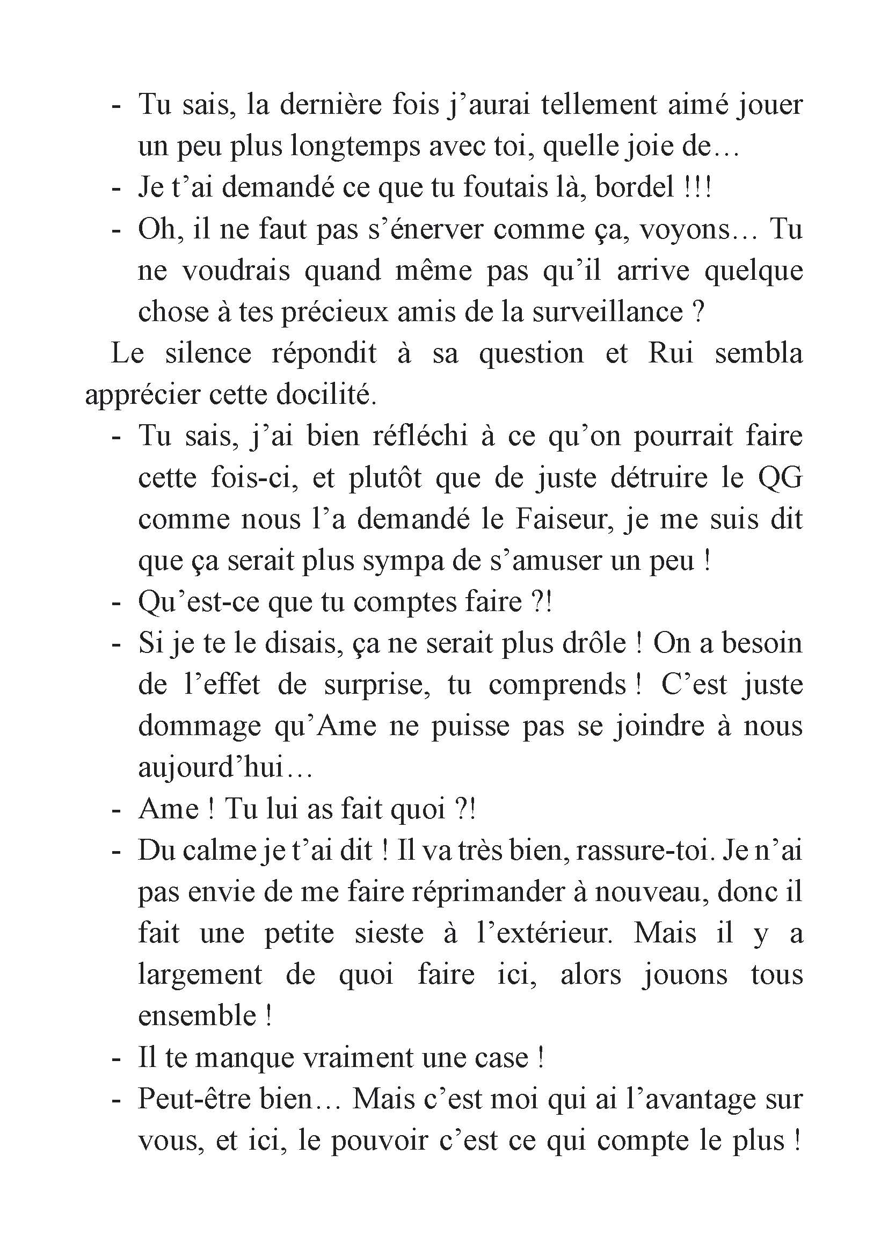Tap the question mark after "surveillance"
point(697,313)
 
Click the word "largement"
point(200,976)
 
